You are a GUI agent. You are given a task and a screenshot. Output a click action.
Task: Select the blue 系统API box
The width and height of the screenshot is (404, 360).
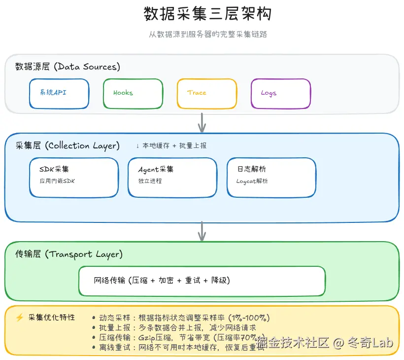59,93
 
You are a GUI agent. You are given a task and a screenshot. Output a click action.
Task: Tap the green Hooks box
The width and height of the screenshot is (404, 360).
133,93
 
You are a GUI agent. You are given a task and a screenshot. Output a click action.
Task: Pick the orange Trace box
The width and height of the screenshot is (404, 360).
207,93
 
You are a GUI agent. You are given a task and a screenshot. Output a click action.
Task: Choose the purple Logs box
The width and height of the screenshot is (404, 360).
281,93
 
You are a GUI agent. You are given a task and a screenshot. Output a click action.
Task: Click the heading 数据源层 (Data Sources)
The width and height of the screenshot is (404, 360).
67,67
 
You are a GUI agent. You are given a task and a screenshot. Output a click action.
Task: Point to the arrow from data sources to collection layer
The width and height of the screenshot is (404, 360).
202,122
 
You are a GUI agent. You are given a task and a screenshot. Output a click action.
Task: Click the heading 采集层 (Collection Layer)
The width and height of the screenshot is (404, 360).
67,145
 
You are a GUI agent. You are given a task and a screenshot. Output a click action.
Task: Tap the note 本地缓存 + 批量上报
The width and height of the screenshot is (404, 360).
171,146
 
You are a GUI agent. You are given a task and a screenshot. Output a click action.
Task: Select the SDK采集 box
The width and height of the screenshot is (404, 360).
74,177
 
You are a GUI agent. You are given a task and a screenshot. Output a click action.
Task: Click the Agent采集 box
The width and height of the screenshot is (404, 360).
172,177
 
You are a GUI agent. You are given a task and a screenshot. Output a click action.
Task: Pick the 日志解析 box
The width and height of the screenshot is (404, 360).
271,177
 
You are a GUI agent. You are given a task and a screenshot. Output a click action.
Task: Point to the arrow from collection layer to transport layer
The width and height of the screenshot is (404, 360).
202,231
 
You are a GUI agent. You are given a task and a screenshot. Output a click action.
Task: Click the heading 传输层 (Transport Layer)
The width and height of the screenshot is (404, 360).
69,254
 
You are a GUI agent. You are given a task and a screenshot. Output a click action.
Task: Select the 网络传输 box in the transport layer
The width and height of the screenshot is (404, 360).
202,281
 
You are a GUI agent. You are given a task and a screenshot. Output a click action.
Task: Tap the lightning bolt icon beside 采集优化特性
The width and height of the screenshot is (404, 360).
20,318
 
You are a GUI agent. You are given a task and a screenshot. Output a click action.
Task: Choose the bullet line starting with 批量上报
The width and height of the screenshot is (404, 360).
174,327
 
